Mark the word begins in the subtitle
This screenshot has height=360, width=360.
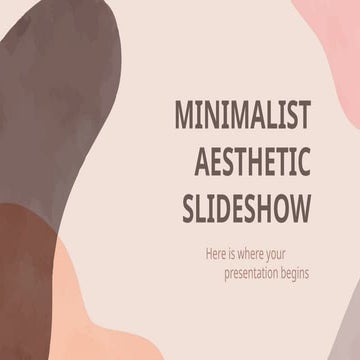click(x=285, y=275)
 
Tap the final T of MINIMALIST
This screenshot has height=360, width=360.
click(x=304, y=117)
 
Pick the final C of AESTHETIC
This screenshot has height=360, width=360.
click(x=303, y=163)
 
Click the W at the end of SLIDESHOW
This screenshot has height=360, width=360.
click(x=300, y=208)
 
